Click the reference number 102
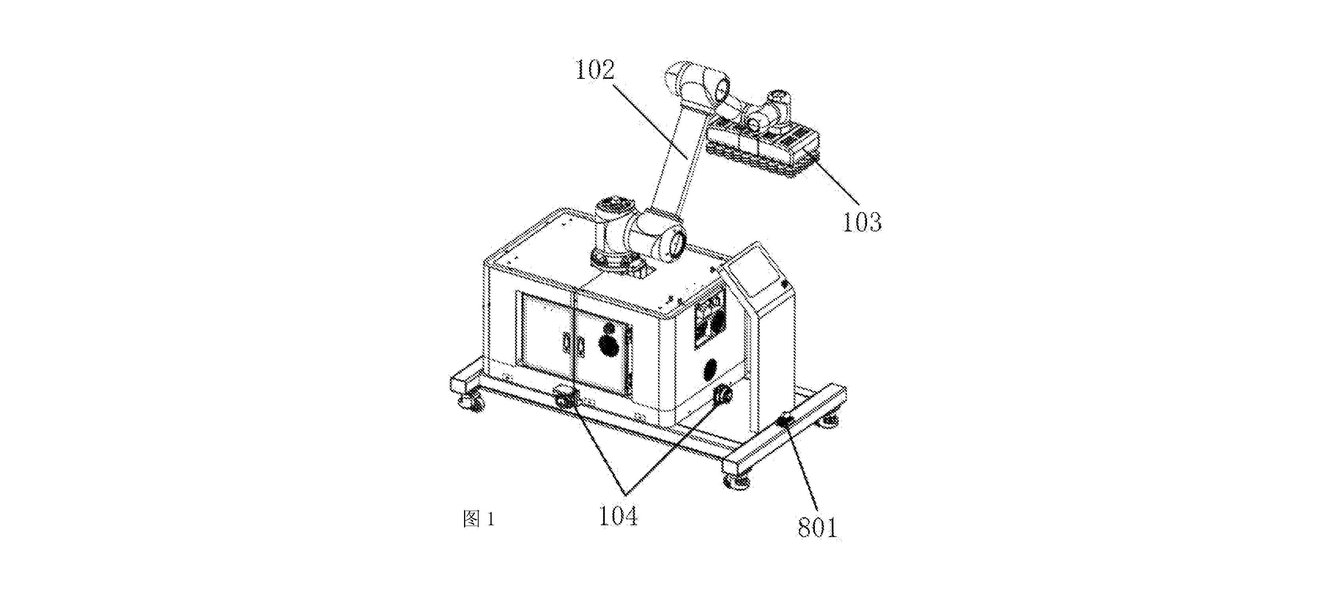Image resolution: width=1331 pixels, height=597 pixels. (x=595, y=70)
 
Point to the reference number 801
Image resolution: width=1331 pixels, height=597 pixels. (x=817, y=528)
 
